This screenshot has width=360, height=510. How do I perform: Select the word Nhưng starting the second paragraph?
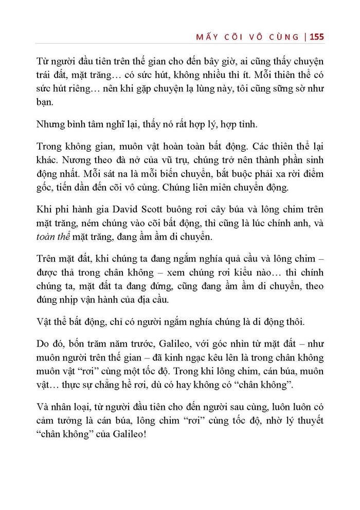point(51,125)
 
